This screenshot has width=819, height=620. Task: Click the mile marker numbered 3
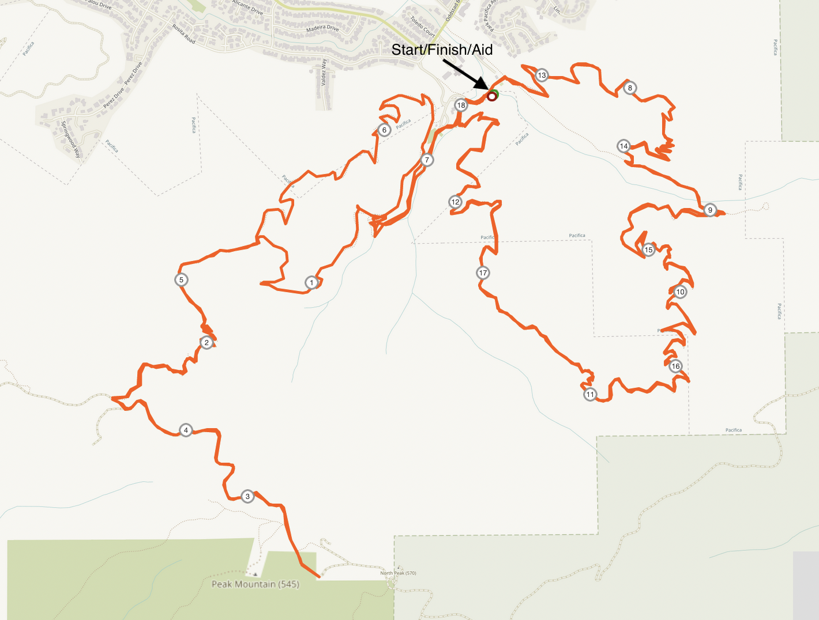(x=247, y=496)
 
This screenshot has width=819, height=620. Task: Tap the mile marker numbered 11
(x=590, y=395)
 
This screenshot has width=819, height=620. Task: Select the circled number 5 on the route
(x=181, y=280)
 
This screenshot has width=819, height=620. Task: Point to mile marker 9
(x=710, y=210)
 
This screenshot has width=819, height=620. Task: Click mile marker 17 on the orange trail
(x=483, y=273)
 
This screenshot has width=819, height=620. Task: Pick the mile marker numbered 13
(x=542, y=75)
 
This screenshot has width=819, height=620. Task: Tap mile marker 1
(x=311, y=282)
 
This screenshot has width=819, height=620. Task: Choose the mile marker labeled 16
(x=675, y=366)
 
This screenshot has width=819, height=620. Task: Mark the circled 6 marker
(x=385, y=130)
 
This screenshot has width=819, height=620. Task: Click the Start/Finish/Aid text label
(x=442, y=50)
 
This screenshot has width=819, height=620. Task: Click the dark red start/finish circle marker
(x=491, y=96)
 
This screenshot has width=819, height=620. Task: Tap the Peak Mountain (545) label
(x=255, y=584)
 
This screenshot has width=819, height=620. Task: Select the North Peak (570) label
(x=398, y=573)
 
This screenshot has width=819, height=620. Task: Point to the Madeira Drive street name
(x=322, y=28)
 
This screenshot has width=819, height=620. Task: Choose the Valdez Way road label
(x=324, y=72)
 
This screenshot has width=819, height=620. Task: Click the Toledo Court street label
(x=422, y=26)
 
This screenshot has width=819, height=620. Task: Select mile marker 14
(x=623, y=146)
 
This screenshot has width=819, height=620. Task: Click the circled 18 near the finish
(x=461, y=105)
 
